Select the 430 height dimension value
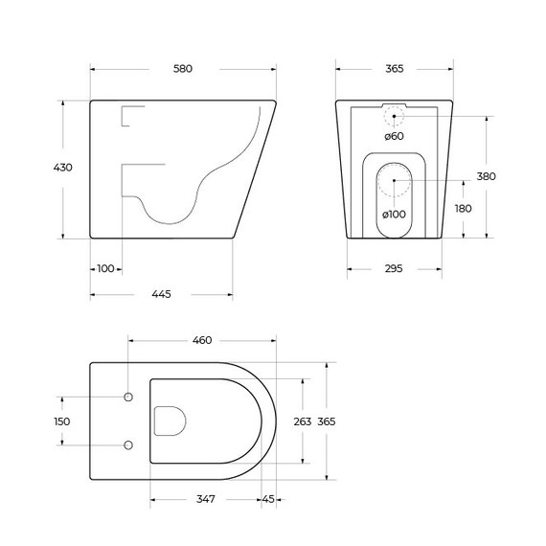(x=63, y=168)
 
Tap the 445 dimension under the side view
(x=161, y=294)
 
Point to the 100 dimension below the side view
(x=105, y=268)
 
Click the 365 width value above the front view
(x=394, y=69)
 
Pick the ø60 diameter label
(x=394, y=137)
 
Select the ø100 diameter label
(x=394, y=214)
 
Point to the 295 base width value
(x=394, y=268)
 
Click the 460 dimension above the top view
(x=202, y=340)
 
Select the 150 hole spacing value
(x=63, y=421)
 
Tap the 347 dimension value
(x=205, y=498)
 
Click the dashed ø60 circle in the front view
(x=394, y=117)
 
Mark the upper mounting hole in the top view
(x=128, y=397)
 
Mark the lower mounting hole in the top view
(x=128, y=444)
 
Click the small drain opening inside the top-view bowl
(x=169, y=421)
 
